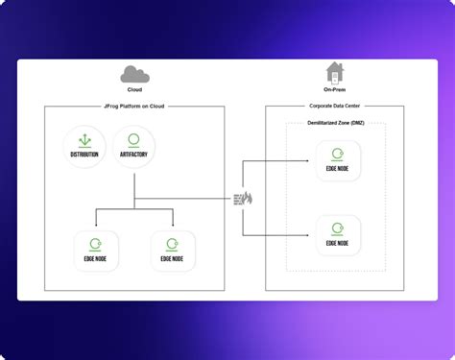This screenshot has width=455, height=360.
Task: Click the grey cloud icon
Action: click(133, 74)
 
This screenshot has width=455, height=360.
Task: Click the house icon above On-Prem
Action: click(334, 72)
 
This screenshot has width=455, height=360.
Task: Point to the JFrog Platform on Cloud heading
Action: click(134, 106)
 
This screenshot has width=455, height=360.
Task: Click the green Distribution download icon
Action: click(84, 140)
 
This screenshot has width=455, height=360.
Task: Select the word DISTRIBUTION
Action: click(84, 155)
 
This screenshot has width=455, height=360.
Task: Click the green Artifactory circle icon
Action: click(133, 140)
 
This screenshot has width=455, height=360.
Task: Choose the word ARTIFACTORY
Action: click(133, 155)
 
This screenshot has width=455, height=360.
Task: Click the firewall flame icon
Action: click(247, 198)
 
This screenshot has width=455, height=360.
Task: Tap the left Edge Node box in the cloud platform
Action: click(96, 250)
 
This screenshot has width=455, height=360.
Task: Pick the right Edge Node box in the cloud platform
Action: click(173, 250)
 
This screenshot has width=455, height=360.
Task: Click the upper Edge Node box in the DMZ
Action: click(338, 161)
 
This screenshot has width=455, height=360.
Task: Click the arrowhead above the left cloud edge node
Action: click(96, 224)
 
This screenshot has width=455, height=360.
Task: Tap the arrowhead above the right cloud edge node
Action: click(173, 224)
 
